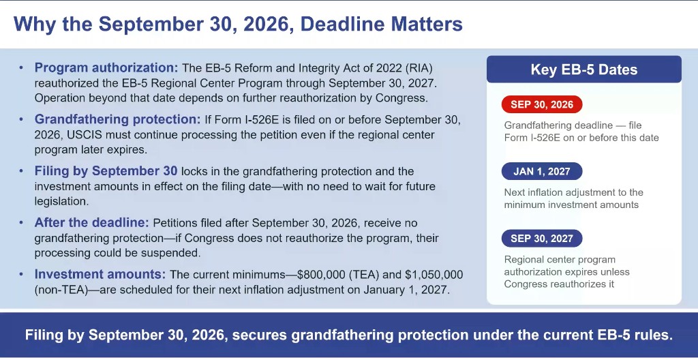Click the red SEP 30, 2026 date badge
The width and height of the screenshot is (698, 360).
click(x=542, y=105)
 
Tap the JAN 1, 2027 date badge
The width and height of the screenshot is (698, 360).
click(x=542, y=172)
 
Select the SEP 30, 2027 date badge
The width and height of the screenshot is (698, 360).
click(x=542, y=239)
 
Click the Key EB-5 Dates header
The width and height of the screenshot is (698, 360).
click(x=584, y=70)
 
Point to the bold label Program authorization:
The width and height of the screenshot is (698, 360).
click(x=106, y=68)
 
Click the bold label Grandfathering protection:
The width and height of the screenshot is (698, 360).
click(x=118, y=120)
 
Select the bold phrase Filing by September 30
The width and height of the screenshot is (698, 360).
click(x=106, y=172)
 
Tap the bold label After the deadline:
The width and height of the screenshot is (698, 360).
click(x=92, y=223)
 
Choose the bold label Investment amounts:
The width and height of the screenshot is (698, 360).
click(x=100, y=275)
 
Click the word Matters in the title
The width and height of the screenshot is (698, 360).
click(x=427, y=24)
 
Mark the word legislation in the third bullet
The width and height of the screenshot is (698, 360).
click(x=61, y=201)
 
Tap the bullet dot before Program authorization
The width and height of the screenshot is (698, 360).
click(x=21, y=69)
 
